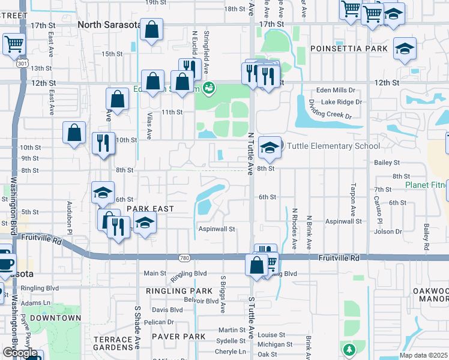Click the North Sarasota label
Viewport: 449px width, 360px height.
tap(109, 25)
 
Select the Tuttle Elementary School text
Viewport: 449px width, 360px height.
tap(333, 146)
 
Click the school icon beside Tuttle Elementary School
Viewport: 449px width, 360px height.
tap(270, 147)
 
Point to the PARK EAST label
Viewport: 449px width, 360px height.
tap(150, 209)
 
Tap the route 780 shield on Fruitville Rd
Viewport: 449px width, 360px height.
tap(185, 257)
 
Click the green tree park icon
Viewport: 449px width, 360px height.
tap(348, 349)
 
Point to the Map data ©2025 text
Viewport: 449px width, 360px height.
tap(424, 355)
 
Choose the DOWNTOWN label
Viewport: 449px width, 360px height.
tap(55, 318)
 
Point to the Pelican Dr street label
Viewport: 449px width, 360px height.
tap(158, 322)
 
